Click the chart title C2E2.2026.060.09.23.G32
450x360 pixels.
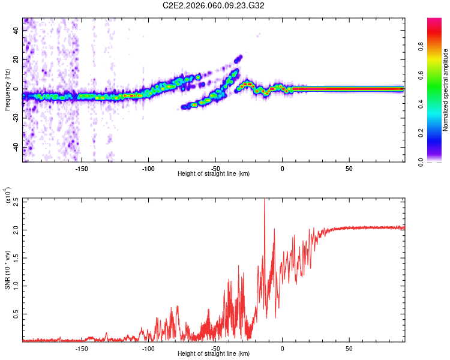point(214,5)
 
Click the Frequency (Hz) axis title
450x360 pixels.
point(7,89)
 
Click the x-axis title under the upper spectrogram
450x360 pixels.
point(214,173)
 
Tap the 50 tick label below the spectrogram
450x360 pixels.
point(349,169)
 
